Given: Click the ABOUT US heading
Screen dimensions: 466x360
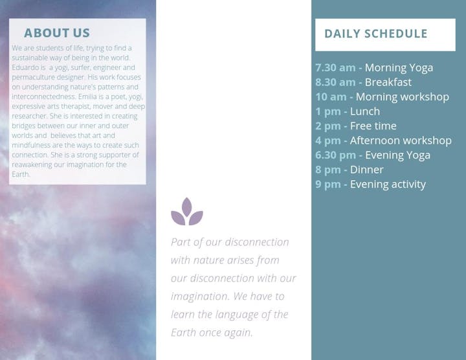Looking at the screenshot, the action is (x=57, y=33).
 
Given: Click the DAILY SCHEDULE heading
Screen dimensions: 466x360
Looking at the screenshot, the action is (x=375, y=34).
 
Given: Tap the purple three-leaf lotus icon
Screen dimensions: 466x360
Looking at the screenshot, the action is (x=187, y=211).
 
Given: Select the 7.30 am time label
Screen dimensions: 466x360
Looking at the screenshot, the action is (x=335, y=67).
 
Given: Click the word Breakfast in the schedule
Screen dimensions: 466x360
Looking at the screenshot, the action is (x=388, y=82).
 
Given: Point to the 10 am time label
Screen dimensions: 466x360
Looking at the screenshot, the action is (x=331, y=96).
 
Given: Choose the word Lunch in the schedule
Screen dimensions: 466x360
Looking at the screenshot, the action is (x=365, y=111).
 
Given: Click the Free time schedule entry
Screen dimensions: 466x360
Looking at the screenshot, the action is (x=373, y=126).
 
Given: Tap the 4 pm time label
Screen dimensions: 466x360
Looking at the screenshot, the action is (x=327, y=141).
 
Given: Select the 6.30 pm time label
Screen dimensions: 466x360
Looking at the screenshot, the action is (x=335, y=155).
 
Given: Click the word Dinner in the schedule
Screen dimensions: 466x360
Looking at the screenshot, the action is (x=367, y=170).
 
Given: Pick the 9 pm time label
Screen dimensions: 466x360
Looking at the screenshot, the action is (x=327, y=185).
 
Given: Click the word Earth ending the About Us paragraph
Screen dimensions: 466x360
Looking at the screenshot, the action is (x=21, y=174).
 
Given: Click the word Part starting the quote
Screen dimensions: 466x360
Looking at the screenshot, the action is (x=181, y=242).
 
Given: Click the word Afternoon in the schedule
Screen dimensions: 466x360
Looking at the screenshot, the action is (x=375, y=141).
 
